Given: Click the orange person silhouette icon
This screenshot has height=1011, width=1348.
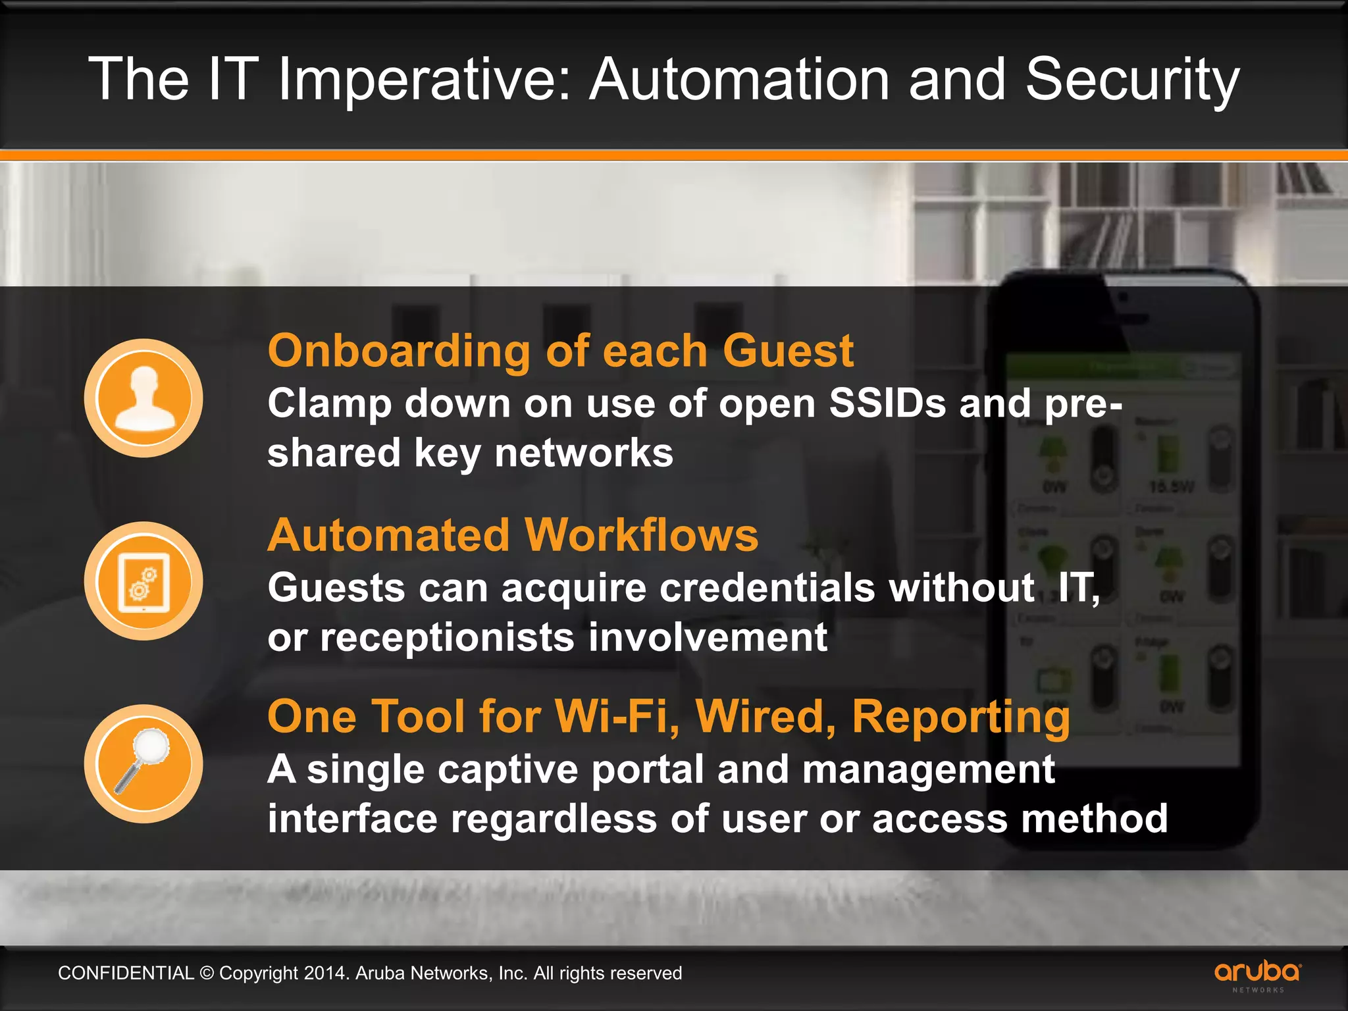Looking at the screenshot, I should coord(143,398).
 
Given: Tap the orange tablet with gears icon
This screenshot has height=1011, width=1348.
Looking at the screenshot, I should coord(143,581).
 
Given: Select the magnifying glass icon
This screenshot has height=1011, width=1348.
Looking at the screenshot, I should coord(143,764).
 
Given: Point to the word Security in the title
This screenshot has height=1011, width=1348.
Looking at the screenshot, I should coord(1132,80).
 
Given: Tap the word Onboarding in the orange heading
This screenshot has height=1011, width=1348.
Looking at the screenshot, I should coord(399,351).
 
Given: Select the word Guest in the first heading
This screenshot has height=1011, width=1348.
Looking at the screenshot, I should coord(788,350).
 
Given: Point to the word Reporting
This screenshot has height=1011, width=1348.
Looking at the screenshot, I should coord(961,717).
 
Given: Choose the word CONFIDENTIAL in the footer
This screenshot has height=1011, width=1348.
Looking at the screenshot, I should coord(126,973).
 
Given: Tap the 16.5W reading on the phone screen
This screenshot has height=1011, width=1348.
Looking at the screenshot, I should coord(1171,487).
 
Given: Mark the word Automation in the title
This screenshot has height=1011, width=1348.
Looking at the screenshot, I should coord(740,80).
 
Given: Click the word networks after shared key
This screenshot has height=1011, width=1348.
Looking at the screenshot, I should coord(583,453).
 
